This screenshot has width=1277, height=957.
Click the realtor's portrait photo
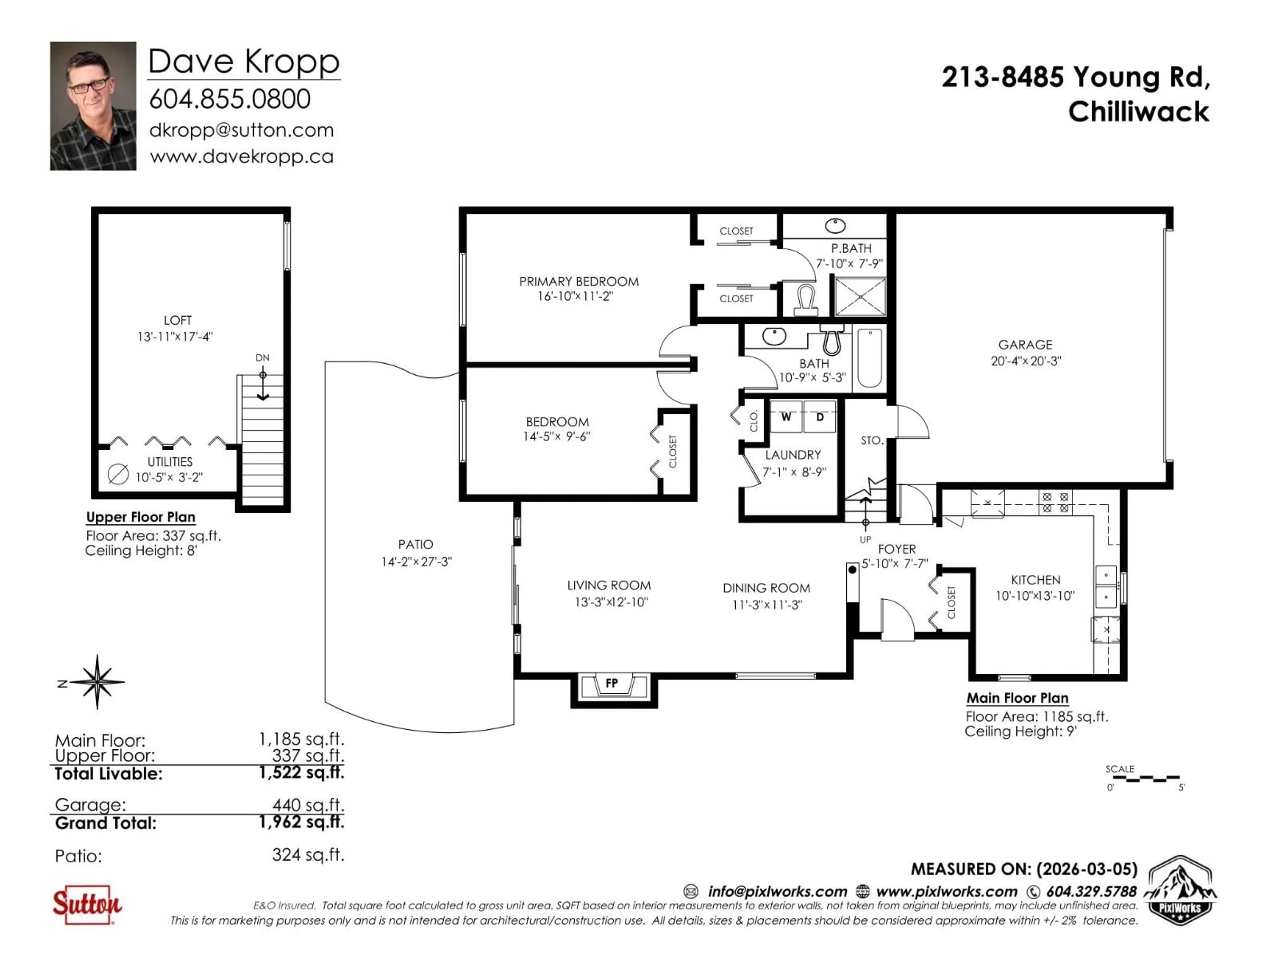(93, 106)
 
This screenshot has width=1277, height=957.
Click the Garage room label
(1025, 345)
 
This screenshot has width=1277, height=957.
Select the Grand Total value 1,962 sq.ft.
(301, 822)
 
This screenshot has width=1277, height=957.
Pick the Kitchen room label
(1036, 580)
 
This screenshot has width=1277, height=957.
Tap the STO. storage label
(872, 441)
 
